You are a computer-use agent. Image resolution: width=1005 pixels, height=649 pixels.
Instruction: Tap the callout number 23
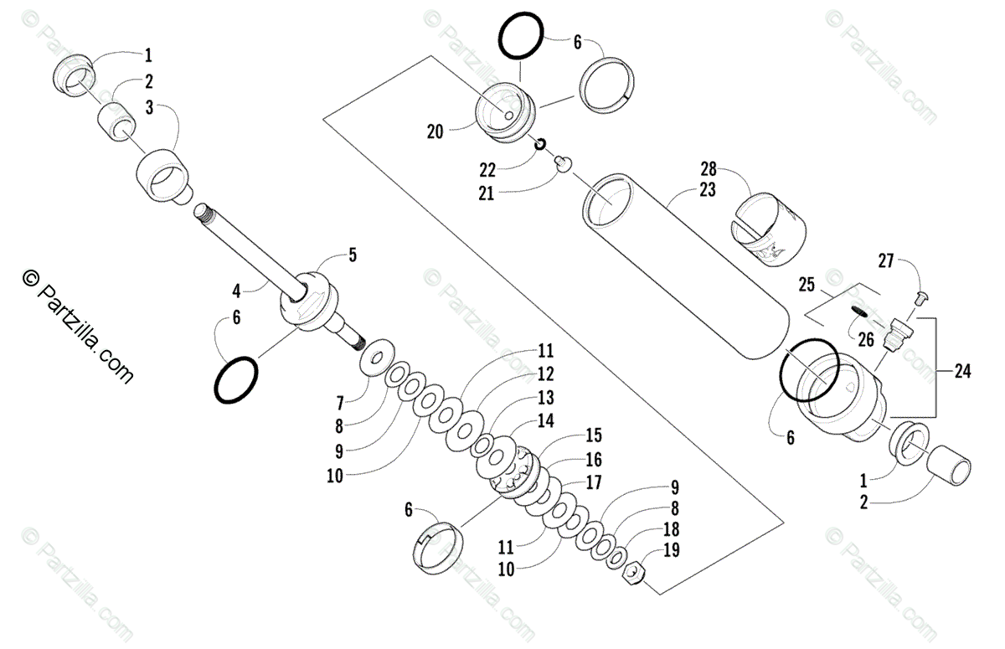(708, 190)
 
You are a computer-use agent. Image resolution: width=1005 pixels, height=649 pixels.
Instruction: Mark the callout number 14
(546, 420)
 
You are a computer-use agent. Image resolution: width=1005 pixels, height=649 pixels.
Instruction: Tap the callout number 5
(353, 255)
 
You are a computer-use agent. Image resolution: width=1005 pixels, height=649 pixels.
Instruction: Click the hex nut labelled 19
(636, 574)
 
